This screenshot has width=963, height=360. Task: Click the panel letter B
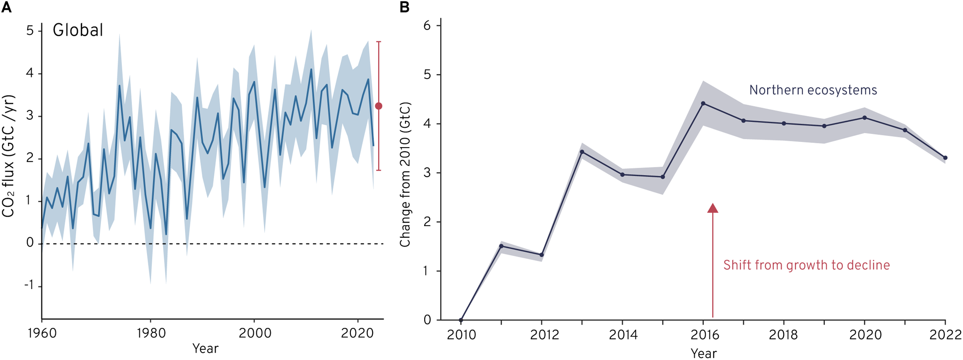404,7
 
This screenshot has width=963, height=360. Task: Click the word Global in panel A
78,31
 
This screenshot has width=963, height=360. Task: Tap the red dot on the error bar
379,106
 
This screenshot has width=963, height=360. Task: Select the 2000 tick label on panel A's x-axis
255,334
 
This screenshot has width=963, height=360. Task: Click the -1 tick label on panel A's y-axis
29,286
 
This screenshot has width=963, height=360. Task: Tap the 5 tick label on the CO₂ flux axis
30,31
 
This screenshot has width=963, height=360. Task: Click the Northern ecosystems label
813,90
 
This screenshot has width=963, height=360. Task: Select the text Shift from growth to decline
806,266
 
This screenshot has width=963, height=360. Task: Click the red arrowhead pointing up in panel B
713,208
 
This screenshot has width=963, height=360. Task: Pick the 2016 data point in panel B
703,103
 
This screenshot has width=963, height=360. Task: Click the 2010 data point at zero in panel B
461,320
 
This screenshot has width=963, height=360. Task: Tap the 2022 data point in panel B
946,158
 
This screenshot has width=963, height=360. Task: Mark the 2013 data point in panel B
582,152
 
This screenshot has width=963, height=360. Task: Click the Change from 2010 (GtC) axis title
405,174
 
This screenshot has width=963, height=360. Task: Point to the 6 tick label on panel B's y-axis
427,25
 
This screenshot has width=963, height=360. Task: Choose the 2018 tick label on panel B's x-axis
784,335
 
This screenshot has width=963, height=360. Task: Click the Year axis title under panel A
205,349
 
